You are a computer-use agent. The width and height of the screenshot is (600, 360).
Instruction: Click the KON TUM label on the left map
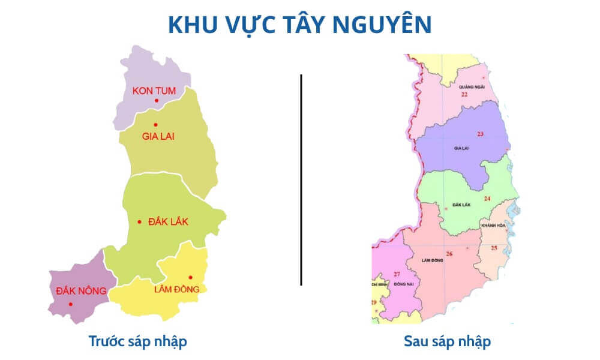[154, 91]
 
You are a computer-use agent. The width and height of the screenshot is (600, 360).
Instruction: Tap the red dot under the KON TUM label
[156, 101]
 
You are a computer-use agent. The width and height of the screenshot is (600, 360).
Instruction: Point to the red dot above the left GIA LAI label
[155, 124]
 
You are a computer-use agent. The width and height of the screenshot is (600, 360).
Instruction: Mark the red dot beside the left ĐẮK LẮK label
[139, 222]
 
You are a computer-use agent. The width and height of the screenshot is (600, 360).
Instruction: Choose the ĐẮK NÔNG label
[80, 291]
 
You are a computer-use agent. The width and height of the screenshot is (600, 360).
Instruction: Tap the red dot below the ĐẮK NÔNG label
[70, 304]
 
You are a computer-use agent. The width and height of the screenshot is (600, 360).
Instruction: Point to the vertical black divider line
[301, 180]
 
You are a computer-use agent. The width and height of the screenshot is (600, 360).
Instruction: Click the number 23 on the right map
[480, 133]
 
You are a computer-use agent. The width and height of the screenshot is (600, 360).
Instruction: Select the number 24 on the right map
[487, 199]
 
